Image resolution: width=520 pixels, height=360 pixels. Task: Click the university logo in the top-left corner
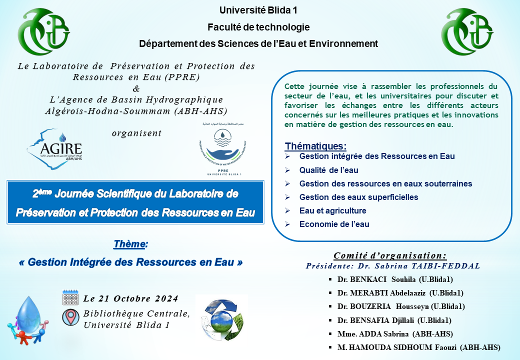[x=44, y=31]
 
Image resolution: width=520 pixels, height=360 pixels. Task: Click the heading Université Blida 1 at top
[x=258, y=10]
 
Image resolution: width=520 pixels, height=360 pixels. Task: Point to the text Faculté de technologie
[x=258, y=27]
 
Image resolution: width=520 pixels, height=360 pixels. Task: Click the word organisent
[x=136, y=133]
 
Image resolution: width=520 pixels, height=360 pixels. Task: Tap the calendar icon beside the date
[x=70, y=297]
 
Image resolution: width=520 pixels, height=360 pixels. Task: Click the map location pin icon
[x=70, y=317]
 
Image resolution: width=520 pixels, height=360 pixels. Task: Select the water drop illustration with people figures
[x=27, y=320]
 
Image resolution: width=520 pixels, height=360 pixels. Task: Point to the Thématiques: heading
[x=315, y=146]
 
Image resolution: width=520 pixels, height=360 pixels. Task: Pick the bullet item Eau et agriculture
[x=332, y=210]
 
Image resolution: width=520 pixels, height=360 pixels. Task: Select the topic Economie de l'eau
[x=334, y=224]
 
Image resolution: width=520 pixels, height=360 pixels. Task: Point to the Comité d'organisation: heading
[x=390, y=255]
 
